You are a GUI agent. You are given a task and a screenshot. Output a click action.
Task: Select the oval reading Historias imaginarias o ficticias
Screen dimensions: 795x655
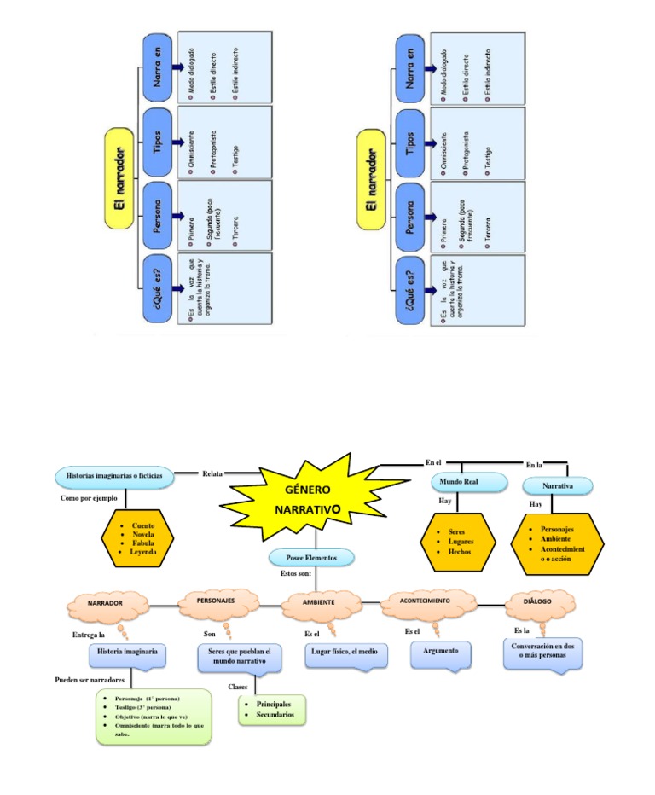tap(114, 474)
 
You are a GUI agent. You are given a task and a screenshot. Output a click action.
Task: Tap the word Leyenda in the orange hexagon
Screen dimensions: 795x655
tap(142, 552)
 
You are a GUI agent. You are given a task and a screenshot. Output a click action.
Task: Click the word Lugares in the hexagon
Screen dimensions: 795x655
tap(461, 542)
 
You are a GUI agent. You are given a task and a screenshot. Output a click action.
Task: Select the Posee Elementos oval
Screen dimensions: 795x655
tap(311, 557)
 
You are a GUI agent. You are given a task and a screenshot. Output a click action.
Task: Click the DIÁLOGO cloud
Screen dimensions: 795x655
tap(538, 601)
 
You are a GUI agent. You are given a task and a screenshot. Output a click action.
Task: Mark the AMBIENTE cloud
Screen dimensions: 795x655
tap(318, 602)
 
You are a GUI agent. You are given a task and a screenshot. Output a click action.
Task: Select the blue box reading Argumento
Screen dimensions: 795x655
tap(440, 652)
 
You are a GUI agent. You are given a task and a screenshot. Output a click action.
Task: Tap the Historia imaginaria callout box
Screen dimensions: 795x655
tap(127, 652)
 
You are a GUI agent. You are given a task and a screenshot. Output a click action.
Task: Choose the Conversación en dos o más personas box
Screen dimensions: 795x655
tap(542, 652)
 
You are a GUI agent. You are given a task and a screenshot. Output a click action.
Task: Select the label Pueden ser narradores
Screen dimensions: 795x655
tap(90, 681)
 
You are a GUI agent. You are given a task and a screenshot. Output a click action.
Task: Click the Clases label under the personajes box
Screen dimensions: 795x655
tap(237, 687)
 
